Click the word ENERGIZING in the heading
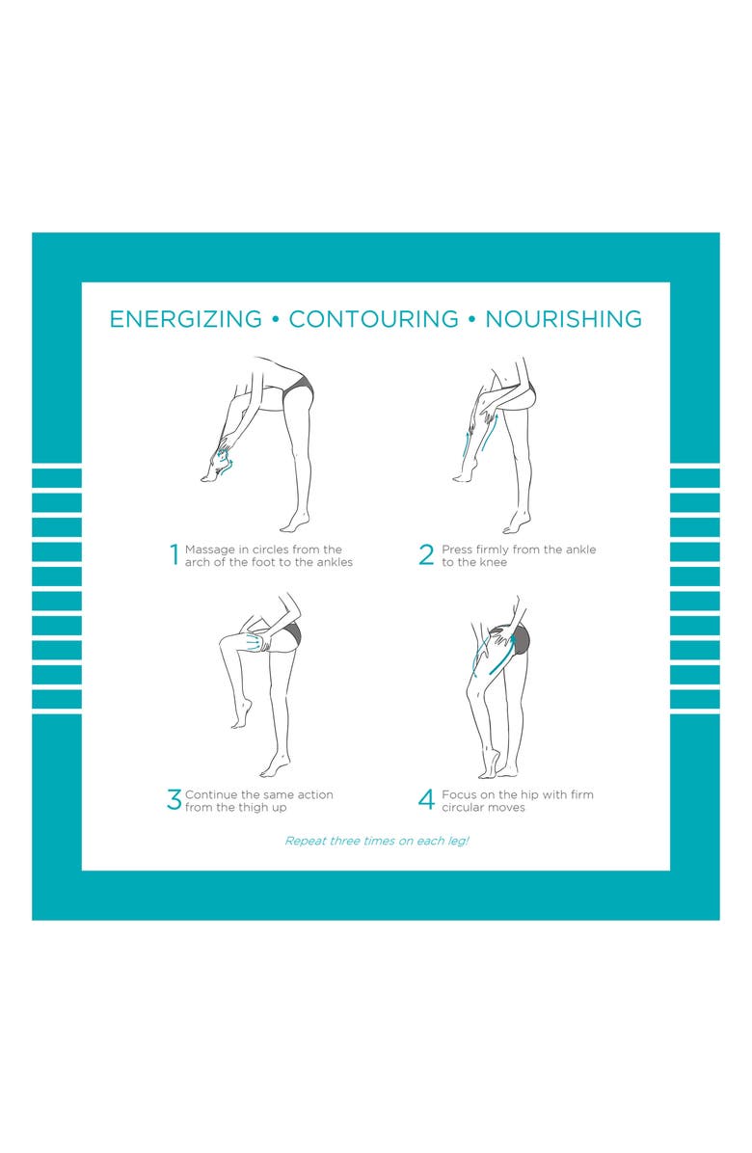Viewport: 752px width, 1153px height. coord(185,319)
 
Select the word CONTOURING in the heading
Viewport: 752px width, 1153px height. coord(373,319)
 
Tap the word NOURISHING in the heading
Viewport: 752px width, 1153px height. coord(564,319)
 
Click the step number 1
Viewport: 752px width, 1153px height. coord(175,554)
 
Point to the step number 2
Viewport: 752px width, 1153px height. coord(426,554)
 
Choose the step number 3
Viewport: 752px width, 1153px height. coord(175,799)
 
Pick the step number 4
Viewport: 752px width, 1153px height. coord(426,799)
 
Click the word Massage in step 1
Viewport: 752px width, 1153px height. coord(209,550)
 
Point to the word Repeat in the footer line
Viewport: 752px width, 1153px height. coord(305,842)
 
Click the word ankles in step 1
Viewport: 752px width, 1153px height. coord(335,563)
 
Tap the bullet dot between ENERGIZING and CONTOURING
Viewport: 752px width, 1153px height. coord(276,320)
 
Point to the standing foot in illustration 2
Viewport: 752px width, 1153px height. coord(516,523)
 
